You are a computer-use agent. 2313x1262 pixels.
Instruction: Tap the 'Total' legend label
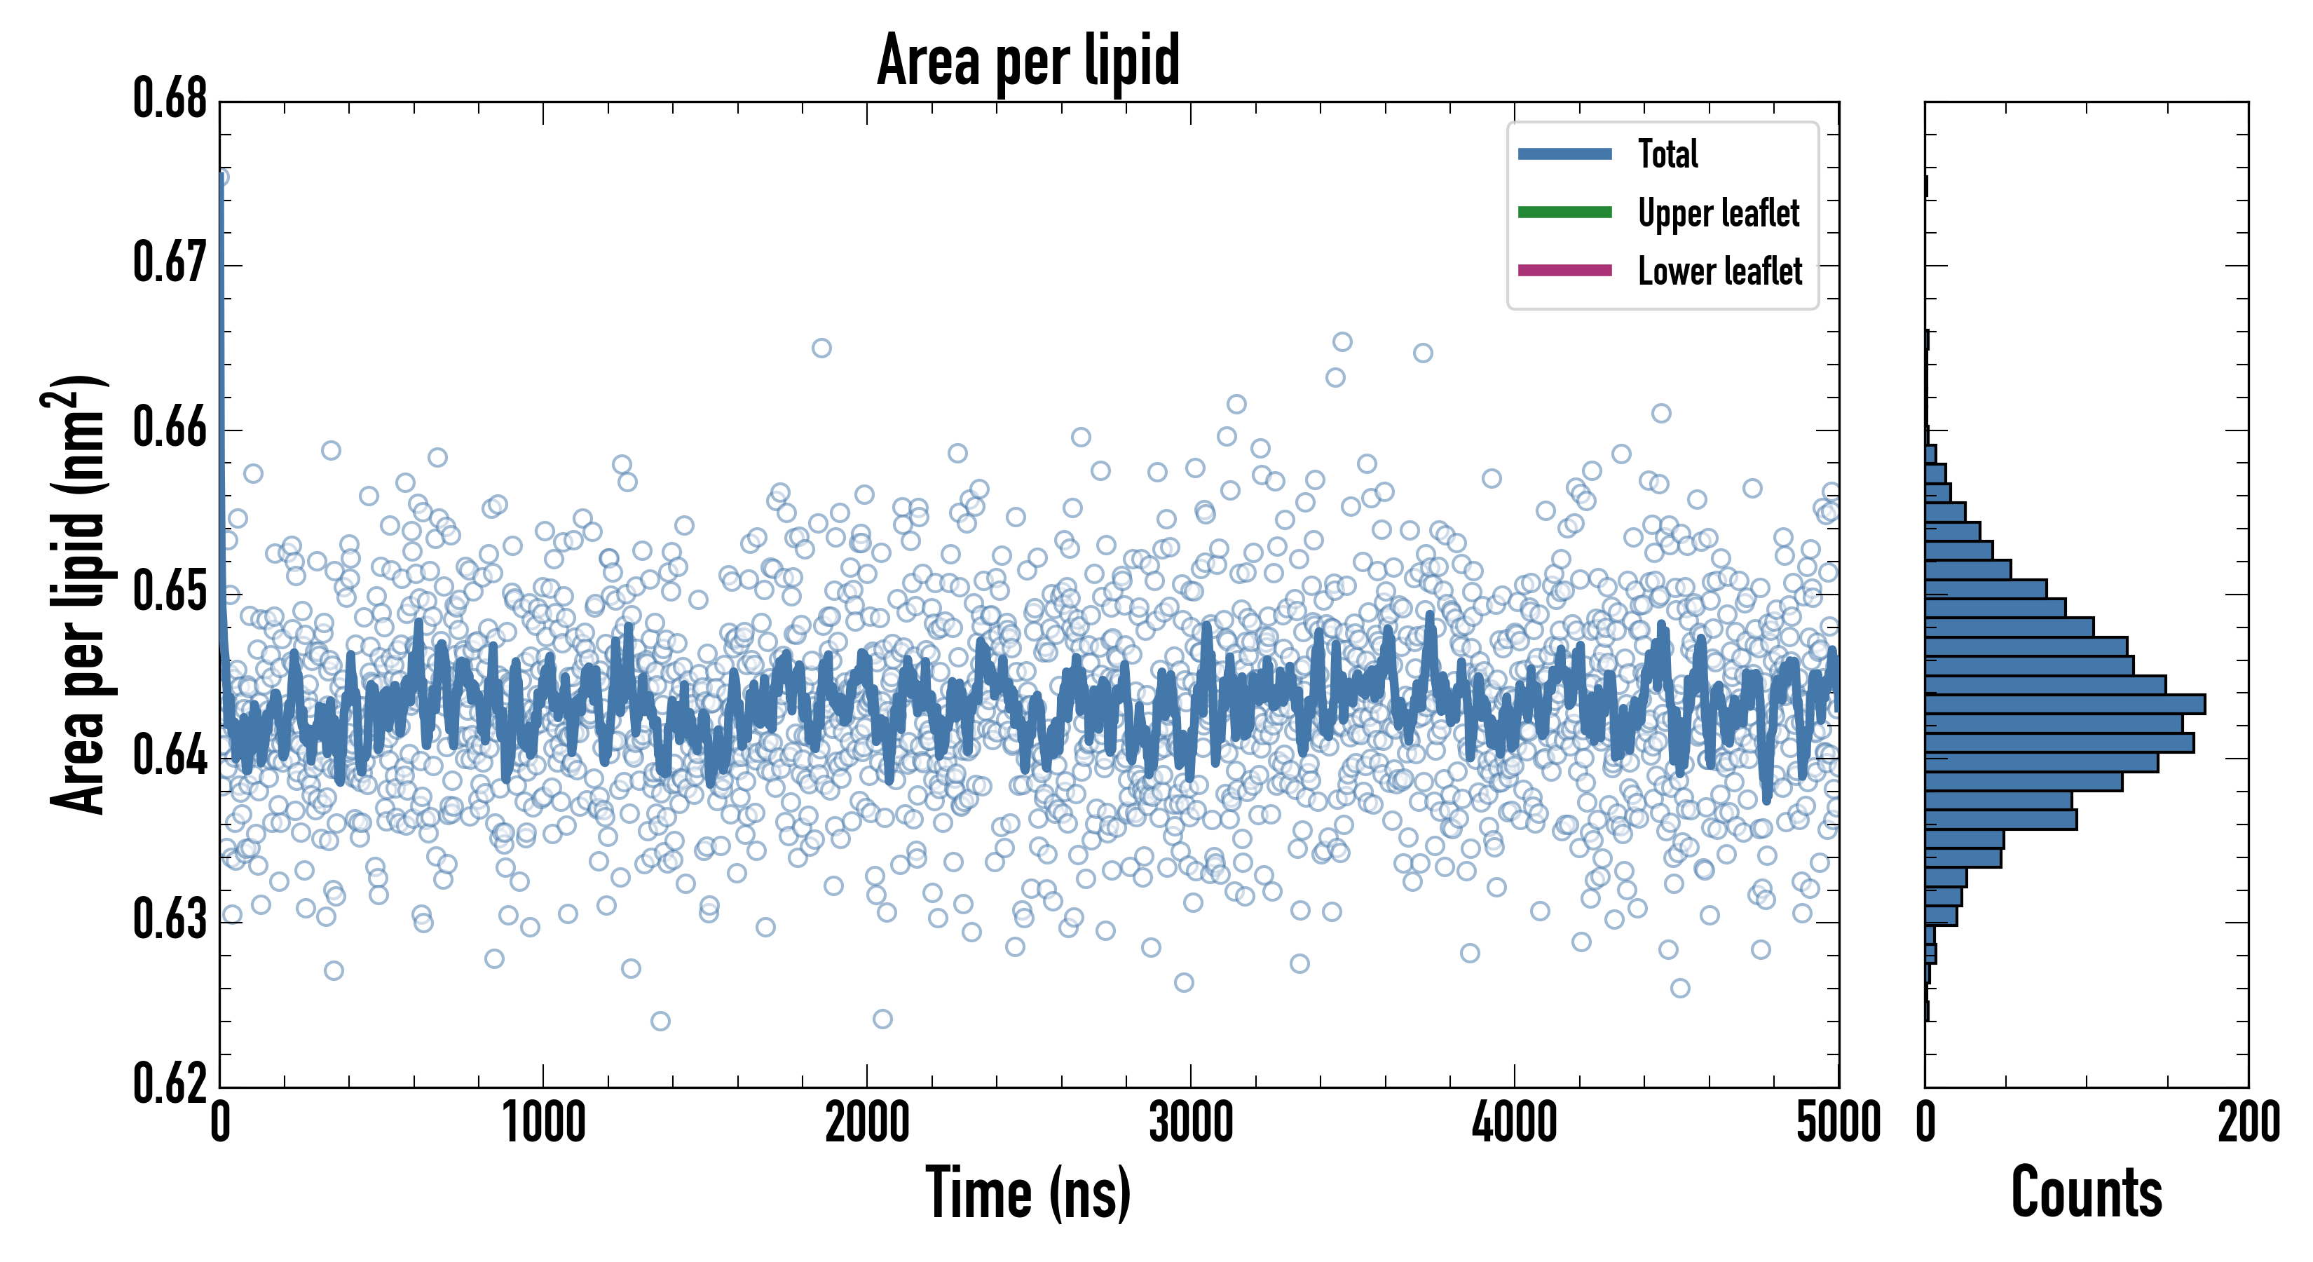pos(1667,154)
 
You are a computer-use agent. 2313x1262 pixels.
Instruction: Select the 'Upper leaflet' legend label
pos(1718,213)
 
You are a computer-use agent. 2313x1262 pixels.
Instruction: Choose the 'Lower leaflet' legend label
pos(1719,271)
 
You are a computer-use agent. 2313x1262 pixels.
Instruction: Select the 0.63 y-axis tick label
pos(170,920)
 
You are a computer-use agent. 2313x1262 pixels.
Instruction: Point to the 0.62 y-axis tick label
pos(170,1083)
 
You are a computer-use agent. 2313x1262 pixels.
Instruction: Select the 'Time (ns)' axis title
pos(1028,1193)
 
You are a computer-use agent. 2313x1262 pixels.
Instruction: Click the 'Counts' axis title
pos(2086,1193)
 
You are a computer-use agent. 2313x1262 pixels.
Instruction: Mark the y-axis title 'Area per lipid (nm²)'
pos(76,595)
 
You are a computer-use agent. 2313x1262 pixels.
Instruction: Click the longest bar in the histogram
pos(2065,704)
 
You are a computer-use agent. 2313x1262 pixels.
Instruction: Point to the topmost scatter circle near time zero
pos(221,177)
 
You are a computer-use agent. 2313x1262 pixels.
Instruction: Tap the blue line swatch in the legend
pos(1564,154)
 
